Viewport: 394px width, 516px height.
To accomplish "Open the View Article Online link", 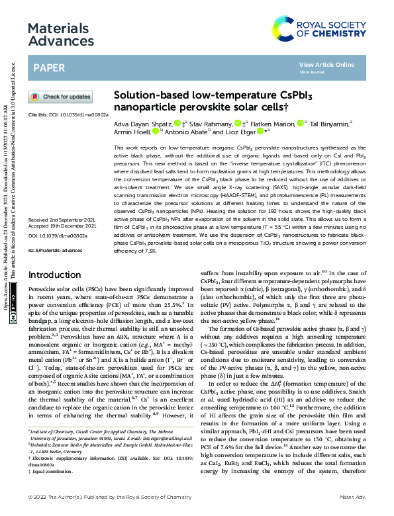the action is click(326, 65).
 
